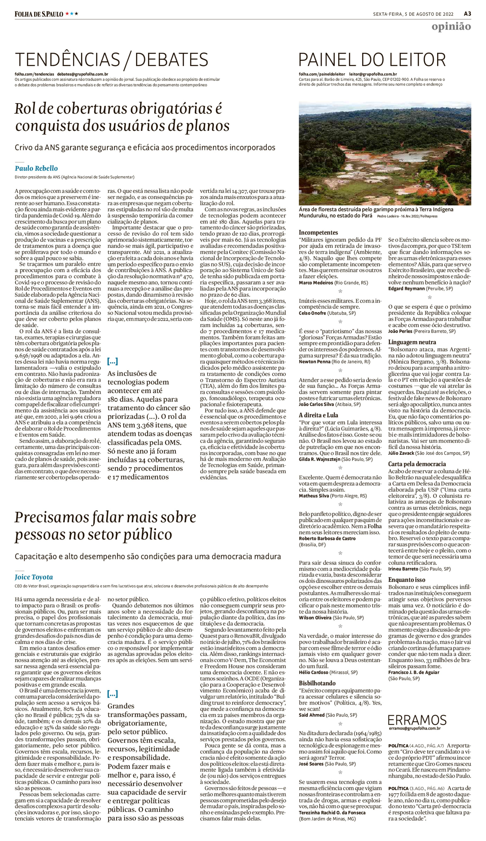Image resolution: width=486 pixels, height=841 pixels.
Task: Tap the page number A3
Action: [467, 14]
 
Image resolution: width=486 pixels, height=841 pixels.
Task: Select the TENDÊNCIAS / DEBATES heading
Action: [112, 60]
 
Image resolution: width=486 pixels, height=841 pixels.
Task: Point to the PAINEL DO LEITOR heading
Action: [372, 60]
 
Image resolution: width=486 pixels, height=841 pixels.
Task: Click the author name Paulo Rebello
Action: [36, 168]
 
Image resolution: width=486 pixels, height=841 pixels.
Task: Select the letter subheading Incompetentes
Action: [318, 233]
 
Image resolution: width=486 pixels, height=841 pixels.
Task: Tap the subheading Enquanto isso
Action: [407, 580]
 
